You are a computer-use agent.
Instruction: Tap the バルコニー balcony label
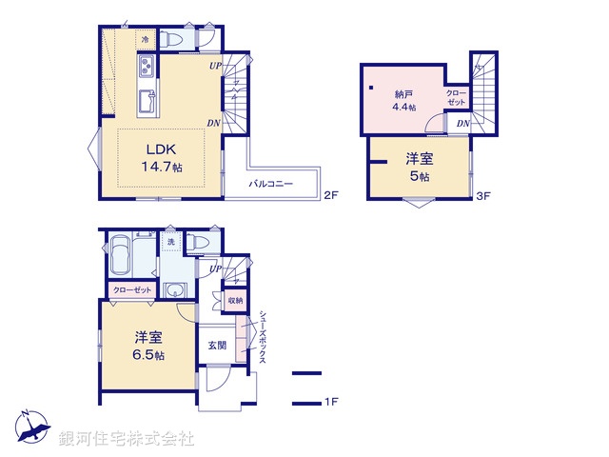coord(271,183)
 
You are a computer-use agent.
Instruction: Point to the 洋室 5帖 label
coord(419,169)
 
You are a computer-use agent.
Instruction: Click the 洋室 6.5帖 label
coord(148,345)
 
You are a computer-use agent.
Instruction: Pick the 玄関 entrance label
coord(217,344)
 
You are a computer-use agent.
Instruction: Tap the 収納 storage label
coord(234,301)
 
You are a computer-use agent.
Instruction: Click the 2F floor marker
coord(330,196)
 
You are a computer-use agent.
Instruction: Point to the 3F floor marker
coord(483,196)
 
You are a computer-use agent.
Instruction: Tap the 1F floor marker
coord(330,403)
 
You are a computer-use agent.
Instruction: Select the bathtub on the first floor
coord(122,256)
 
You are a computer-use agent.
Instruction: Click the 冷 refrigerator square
coord(146,39)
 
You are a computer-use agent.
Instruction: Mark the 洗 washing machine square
coord(170,243)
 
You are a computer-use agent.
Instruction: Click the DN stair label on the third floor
coord(462,124)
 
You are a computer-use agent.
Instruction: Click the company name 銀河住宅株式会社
coord(126,439)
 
